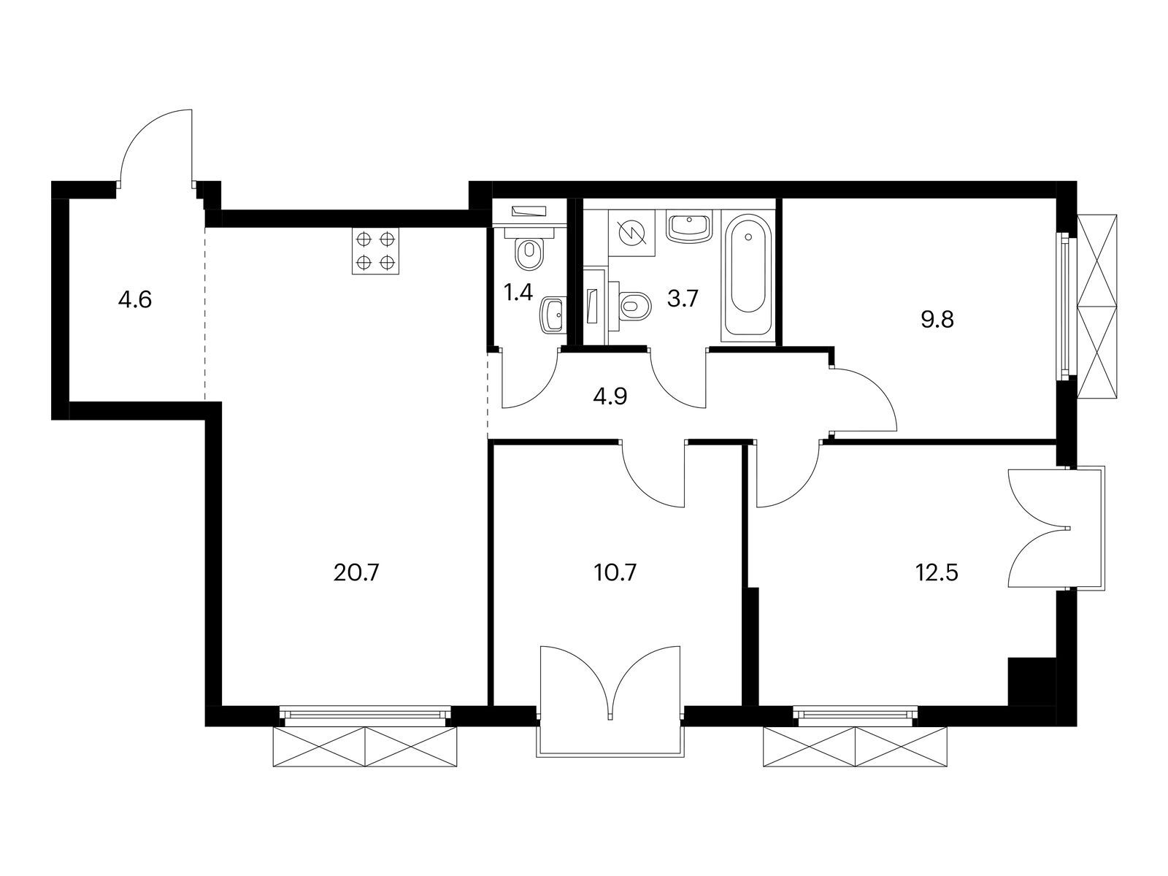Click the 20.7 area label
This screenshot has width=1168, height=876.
[356, 573]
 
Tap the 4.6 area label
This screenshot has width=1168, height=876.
[135, 300]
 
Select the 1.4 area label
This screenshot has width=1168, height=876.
[518, 293]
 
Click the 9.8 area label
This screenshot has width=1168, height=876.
[937, 320]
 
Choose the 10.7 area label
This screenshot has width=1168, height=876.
[615, 573]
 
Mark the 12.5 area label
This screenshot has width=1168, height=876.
[937, 573]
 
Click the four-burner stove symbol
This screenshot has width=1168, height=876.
[375, 251]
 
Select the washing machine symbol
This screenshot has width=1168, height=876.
[631, 233]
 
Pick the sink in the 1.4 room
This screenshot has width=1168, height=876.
[553, 315]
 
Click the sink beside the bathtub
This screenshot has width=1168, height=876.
[689, 227]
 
